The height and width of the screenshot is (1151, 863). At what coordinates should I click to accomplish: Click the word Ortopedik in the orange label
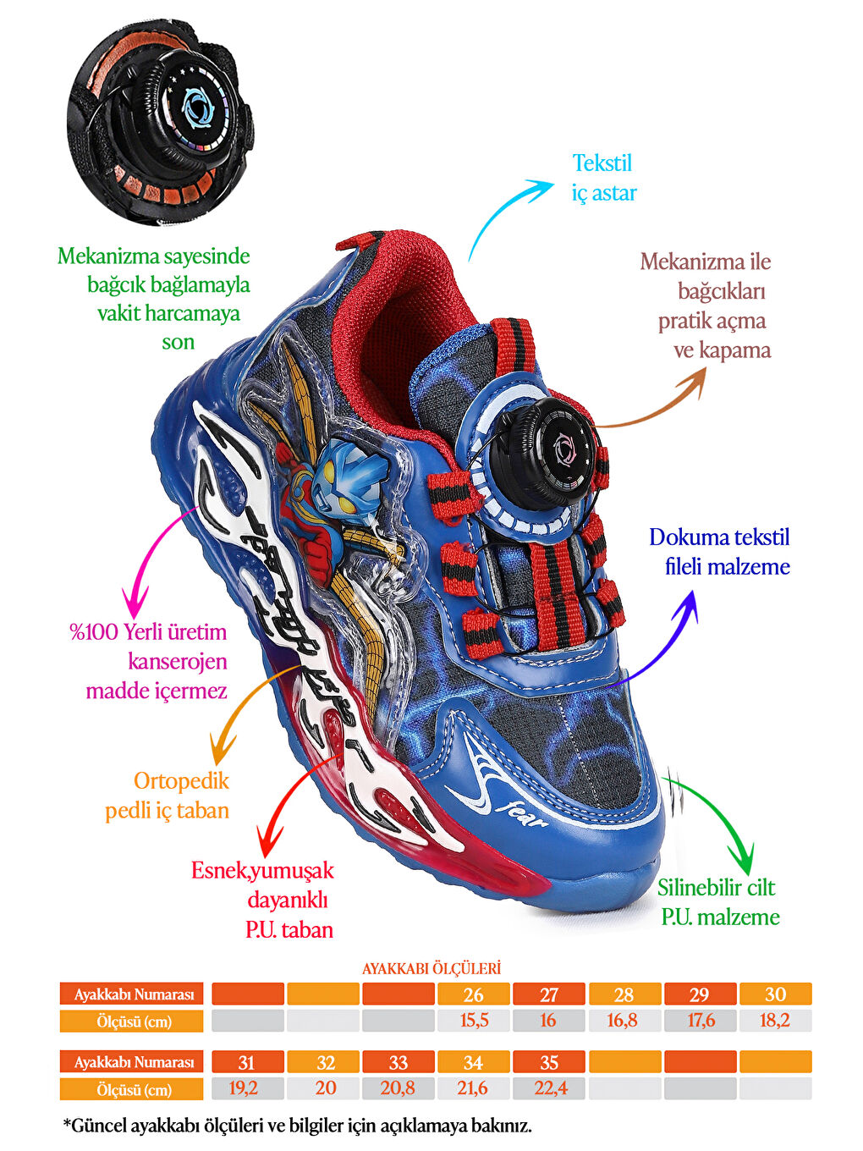(181, 780)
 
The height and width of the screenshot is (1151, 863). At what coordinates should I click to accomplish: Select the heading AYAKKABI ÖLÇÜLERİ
(431, 968)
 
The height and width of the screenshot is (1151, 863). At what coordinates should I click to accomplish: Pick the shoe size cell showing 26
(474, 994)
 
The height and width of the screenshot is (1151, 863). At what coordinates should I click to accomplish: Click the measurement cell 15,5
(474, 1021)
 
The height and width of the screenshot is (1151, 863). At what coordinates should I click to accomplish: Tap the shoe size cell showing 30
(775, 994)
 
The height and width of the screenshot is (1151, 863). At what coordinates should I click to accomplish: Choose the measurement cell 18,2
(775, 1021)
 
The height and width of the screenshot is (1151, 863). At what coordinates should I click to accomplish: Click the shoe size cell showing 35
(549, 1062)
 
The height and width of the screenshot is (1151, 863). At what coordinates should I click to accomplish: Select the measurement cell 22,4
(549, 1088)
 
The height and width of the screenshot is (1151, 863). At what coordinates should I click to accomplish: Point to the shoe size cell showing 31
(247, 1062)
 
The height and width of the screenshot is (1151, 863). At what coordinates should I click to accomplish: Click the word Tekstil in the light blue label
(602, 162)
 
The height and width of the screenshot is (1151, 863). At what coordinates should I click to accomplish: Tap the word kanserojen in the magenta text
(178, 661)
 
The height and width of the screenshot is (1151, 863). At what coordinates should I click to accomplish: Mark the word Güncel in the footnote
(101, 1126)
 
